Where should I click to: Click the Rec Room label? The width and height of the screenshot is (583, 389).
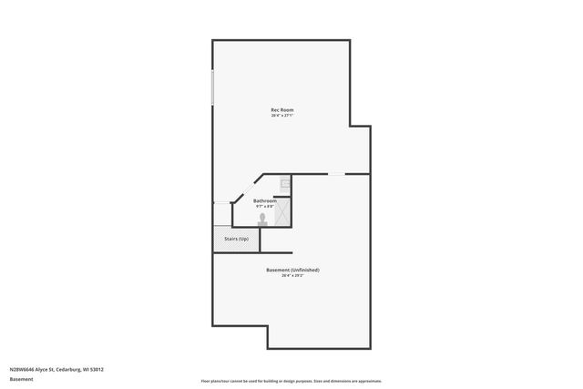click(281, 110)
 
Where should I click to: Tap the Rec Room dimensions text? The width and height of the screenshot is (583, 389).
click(281, 116)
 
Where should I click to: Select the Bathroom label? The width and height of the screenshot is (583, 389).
click(264, 200)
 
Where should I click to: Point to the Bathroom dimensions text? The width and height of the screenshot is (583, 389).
click(264, 206)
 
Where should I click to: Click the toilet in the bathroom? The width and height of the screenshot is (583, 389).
click(263, 220)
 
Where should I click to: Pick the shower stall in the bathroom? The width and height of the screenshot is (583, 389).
click(283, 212)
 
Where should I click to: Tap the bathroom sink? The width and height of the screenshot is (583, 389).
click(284, 184)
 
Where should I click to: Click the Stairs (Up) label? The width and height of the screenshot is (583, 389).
click(237, 239)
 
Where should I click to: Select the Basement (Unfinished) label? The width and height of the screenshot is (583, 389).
click(292, 270)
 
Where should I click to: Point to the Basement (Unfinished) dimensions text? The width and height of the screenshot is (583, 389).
click(292, 275)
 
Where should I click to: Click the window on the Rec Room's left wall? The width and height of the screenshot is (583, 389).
click(213, 87)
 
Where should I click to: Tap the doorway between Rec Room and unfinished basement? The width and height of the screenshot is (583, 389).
click(337, 174)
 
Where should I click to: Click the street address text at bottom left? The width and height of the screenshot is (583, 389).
click(56, 369)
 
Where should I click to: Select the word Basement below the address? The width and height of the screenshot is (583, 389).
click(21, 379)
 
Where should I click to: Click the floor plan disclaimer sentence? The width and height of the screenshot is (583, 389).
click(291, 381)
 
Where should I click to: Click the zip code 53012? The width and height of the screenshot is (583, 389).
click(96, 369)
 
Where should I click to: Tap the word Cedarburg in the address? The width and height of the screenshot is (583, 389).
click(66, 369)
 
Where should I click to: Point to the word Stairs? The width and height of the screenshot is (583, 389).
click(231, 239)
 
